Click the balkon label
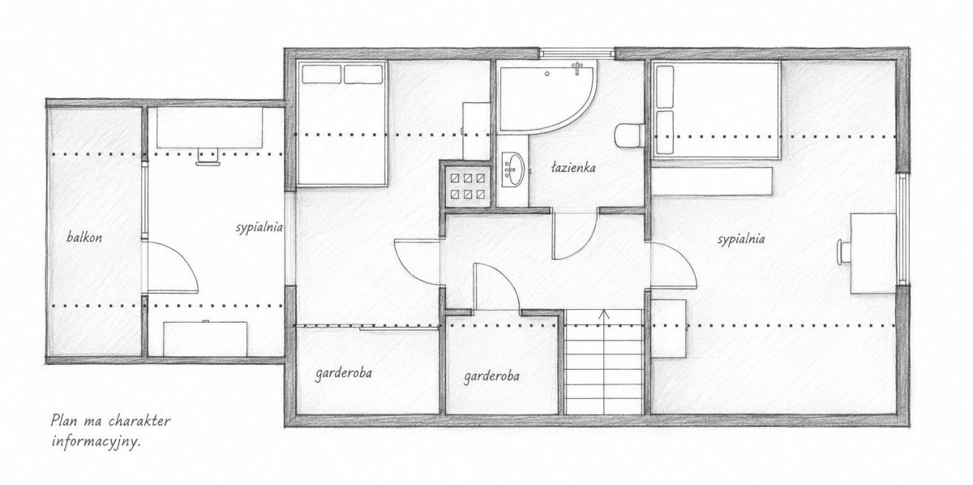[84, 238]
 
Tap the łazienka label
[573, 168]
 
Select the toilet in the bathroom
[630, 136]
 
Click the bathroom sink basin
[513, 169]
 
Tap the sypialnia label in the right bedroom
[741, 239]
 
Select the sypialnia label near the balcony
[259, 228]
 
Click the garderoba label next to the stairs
[491, 376]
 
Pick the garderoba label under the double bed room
[344, 374]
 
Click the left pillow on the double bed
[321, 74]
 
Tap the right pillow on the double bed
[363, 74]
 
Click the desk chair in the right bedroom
[843, 252]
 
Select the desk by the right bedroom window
[873, 253]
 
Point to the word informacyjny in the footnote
[96, 442]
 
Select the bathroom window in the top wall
[577, 53]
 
